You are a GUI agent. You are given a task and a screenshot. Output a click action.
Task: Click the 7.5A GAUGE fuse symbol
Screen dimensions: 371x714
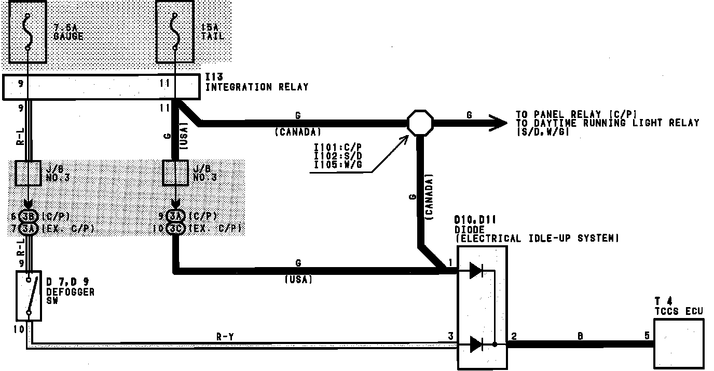(28, 31)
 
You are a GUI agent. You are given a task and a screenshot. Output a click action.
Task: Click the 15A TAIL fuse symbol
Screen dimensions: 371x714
(175, 31)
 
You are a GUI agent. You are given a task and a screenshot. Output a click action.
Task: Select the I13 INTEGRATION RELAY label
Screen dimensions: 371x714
(257, 83)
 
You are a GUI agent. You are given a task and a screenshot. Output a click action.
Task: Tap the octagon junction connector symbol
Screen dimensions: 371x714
(420, 123)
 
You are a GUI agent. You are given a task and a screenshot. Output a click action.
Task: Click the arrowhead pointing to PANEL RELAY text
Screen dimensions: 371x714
(498, 123)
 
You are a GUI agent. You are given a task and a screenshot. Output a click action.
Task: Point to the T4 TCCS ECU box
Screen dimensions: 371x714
(678, 343)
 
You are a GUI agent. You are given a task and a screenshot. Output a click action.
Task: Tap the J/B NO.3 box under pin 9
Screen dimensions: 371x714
(28, 173)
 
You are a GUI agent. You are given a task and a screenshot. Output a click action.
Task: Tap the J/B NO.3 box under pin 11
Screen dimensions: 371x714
(176, 173)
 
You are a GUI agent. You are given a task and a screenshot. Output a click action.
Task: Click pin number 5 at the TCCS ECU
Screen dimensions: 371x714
(647, 336)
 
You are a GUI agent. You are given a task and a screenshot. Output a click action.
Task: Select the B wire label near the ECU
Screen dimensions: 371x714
(580, 336)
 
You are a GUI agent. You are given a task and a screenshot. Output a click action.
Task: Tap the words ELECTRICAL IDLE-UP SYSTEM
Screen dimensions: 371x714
(537, 239)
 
